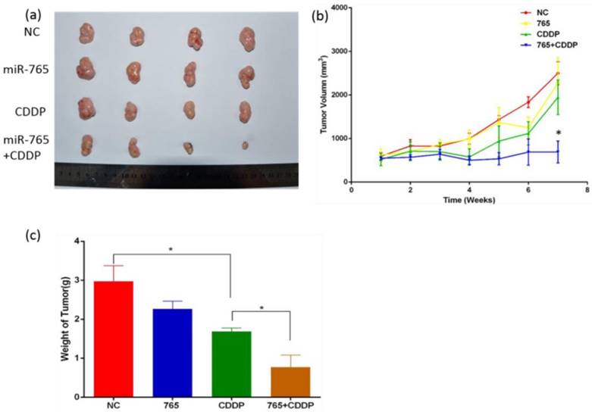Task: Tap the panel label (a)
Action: coord(13,13)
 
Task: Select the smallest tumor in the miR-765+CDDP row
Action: coord(245,145)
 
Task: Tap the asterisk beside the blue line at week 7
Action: coord(558,134)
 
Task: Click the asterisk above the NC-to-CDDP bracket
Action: coord(171,249)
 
